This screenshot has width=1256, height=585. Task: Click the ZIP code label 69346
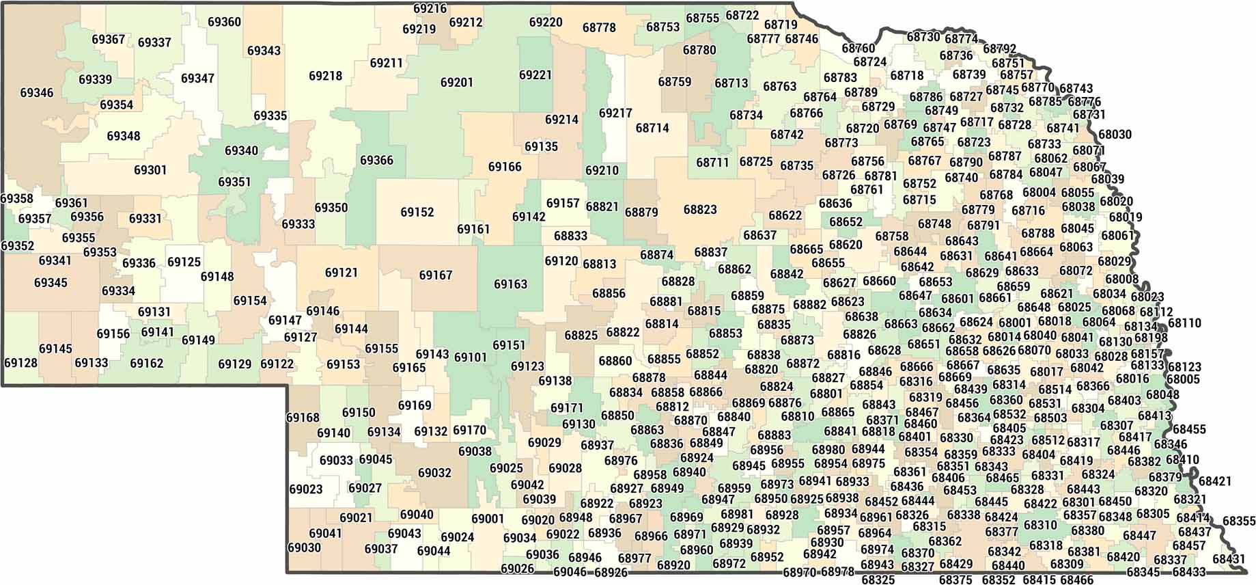click(x=37, y=92)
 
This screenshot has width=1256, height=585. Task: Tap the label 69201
click(x=457, y=83)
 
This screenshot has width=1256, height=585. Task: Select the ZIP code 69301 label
click(x=150, y=170)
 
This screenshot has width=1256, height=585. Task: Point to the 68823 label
click(x=700, y=209)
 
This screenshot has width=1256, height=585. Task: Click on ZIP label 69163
click(x=511, y=284)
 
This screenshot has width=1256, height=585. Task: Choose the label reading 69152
click(x=417, y=213)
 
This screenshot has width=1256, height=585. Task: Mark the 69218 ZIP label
click(x=326, y=76)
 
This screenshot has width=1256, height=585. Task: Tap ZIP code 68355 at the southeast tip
click(x=1239, y=521)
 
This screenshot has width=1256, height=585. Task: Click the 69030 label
click(x=305, y=548)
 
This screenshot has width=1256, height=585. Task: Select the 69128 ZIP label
click(x=20, y=363)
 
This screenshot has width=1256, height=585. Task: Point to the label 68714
click(x=652, y=128)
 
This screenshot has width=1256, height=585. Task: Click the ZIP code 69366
click(x=376, y=161)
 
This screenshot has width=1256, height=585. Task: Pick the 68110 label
click(x=1184, y=323)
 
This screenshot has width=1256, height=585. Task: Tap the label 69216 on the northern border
click(x=430, y=9)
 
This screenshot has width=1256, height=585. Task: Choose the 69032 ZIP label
click(x=434, y=473)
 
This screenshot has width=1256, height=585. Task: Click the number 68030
click(x=1115, y=135)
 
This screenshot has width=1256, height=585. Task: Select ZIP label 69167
click(x=436, y=275)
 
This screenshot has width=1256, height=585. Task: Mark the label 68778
click(x=599, y=28)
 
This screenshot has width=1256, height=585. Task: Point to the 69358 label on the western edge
click(x=17, y=199)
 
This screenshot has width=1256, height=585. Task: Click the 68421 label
click(x=1215, y=481)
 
